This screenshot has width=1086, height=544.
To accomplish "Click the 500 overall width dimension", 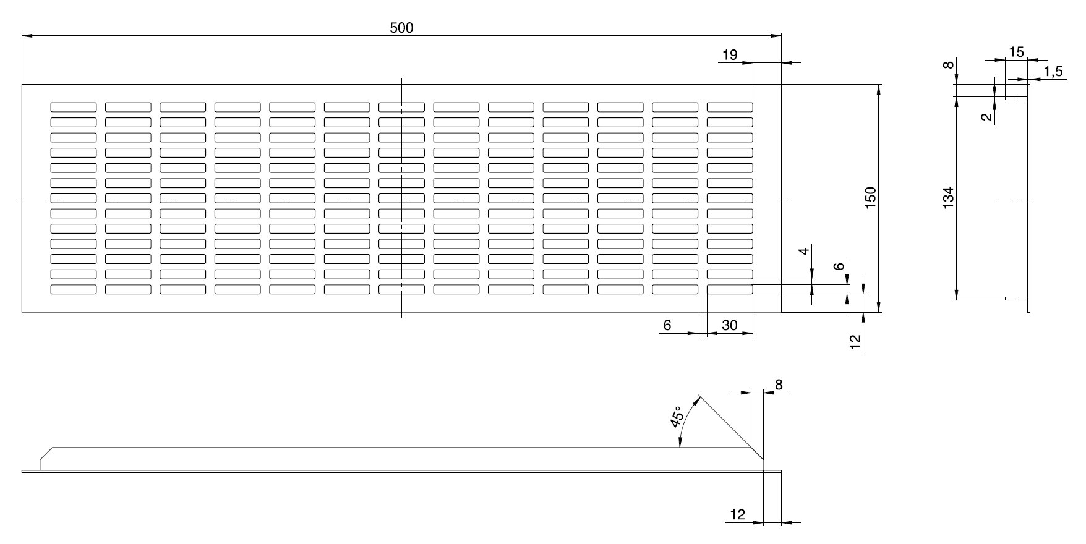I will (x=401, y=28).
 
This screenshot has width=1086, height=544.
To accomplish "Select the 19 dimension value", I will (x=730, y=55).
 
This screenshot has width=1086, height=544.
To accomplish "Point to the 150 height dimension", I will (x=871, y=197).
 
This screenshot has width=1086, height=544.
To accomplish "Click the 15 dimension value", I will (x=1016, y=52).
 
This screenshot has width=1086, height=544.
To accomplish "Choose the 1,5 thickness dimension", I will (x=1053, y=72).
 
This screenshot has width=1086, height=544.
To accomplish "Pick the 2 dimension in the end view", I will (x=987, y=116).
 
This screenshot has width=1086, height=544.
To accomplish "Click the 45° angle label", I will (x=677, y=417).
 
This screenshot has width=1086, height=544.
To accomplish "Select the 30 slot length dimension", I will (x=730, y=325).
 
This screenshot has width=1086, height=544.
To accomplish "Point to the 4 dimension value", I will (x=803, y=252).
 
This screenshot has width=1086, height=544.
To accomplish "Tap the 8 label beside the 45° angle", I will (x=779, y=385).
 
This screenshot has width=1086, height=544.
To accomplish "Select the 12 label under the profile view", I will (x=738, y=514).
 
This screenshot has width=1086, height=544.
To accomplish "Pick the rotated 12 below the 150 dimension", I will (x=856, y=342).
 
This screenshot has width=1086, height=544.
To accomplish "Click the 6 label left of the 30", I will (x=667, y=325).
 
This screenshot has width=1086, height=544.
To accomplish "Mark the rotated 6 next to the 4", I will (x=839, y=266).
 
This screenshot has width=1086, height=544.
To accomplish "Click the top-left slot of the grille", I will (x=74, y=107).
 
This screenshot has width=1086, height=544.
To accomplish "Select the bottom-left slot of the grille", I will (x=74, y=289).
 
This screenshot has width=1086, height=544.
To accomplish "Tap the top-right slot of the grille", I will (x=730, y=107).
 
